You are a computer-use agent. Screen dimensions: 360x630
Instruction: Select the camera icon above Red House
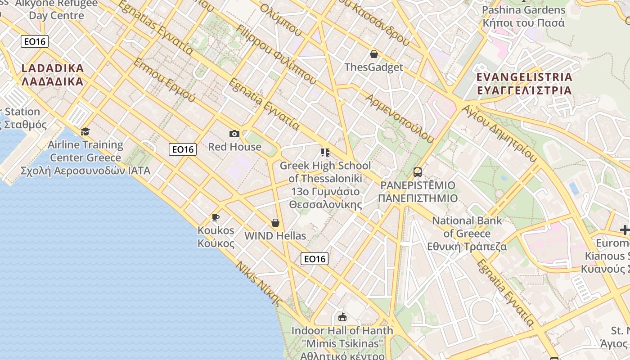click(x=234, y=134)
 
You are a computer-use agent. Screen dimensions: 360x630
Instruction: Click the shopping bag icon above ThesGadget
click(x=373, y=54)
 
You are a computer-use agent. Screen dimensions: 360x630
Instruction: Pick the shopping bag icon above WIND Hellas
click(x=275, y=223)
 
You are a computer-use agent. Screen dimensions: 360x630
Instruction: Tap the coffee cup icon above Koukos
click(x=216, y=218)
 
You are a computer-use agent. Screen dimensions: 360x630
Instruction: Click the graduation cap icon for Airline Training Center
click(x=85, y=131)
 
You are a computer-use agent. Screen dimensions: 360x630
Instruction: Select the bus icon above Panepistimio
click(x=418, y=172)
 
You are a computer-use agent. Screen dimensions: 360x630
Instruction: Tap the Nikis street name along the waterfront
click(x=259, y=283)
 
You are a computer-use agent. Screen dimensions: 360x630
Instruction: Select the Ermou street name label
click(x=164, y=80)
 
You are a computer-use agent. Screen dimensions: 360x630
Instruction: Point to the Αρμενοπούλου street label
click(x=400, y=118)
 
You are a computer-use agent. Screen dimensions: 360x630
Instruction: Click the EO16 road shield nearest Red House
click(x=183, y=149)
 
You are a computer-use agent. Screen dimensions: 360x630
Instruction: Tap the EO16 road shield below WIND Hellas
click(x=314, y=259)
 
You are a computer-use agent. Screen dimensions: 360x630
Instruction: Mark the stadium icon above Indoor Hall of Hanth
click(x=342, y=317)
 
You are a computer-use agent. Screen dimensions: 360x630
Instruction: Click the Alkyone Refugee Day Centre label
click(x=56, y=9)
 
